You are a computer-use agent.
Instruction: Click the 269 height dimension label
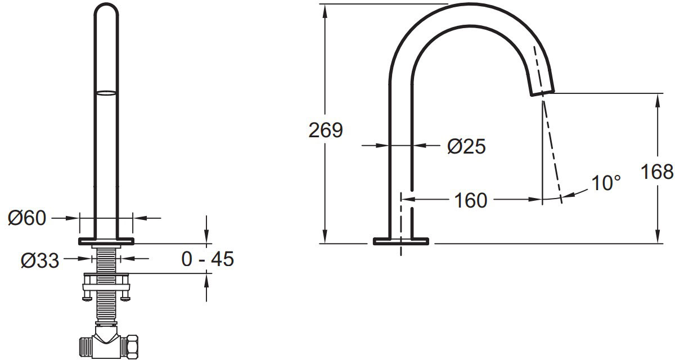(x=326, y=130)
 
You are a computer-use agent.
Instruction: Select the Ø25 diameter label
(x=466, y=146)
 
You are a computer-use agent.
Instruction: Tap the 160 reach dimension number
(x=470, y=200)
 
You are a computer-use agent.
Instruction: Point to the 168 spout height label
(x=656, y=172)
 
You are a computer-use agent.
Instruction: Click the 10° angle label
(x=606, y=183)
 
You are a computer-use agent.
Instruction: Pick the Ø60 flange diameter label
(x=27, y=218)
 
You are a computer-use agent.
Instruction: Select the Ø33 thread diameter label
(x=40, y=260)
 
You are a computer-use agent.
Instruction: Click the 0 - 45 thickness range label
(x=208, y=259)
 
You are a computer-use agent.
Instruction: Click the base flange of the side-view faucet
(x=400, y=241)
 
